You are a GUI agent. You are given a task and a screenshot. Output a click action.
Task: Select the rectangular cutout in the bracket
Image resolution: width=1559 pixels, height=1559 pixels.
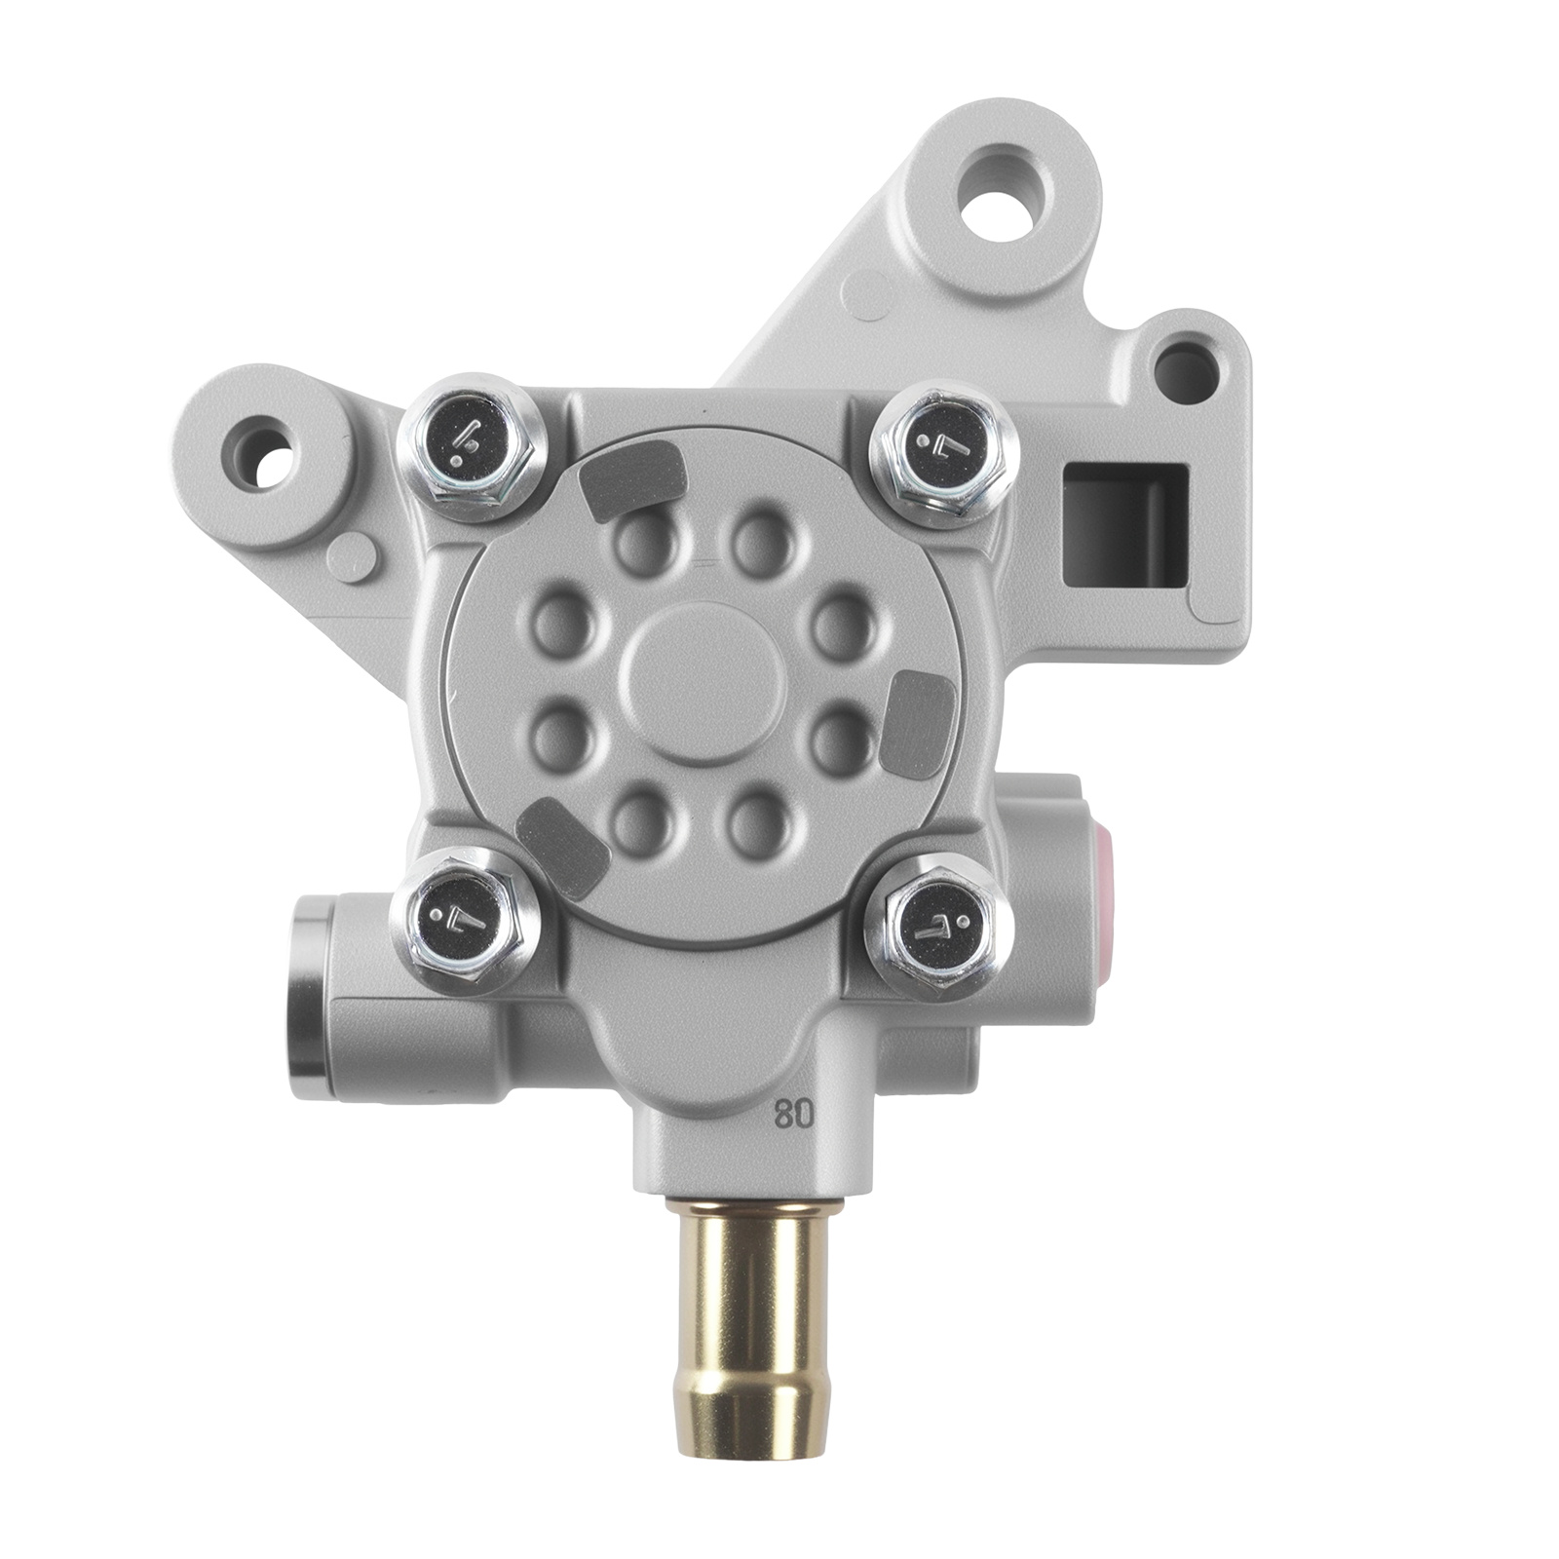click(1125, 526)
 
